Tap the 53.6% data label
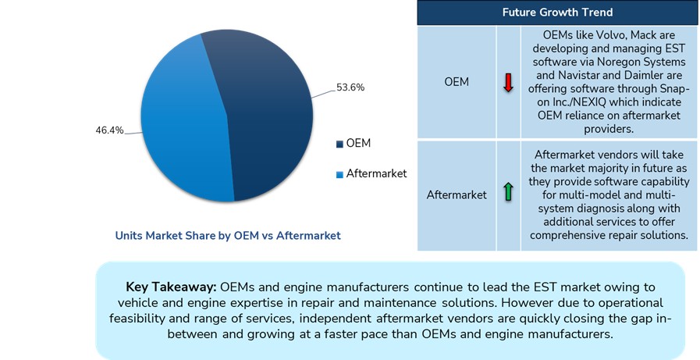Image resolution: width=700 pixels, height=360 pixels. click(350, 87)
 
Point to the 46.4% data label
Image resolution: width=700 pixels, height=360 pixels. click(110, 130)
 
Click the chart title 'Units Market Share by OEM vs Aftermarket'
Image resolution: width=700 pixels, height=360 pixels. click(228, 235)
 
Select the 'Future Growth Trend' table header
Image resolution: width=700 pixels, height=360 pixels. click(556, 12)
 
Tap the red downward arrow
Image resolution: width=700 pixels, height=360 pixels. click(508, 83)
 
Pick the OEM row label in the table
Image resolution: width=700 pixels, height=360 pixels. click(457, 82)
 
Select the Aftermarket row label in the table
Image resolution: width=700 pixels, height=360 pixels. click(457, 194)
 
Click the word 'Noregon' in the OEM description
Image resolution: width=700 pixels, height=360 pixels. click(599, 62)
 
